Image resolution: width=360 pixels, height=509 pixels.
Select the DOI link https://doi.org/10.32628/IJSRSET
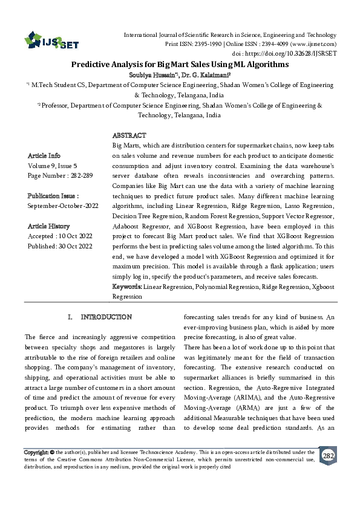(x=302, y=53)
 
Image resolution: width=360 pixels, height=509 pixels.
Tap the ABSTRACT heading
(x=129, y=135)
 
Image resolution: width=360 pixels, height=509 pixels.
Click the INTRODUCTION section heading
(x=106, y=317)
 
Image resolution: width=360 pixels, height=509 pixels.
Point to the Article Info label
(x=44, y=155)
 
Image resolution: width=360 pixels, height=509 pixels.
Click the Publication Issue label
(x=53, y=196)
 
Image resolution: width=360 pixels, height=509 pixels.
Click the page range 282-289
(x=81, y=175)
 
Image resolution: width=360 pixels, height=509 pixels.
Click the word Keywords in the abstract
(x=128, y=287)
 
